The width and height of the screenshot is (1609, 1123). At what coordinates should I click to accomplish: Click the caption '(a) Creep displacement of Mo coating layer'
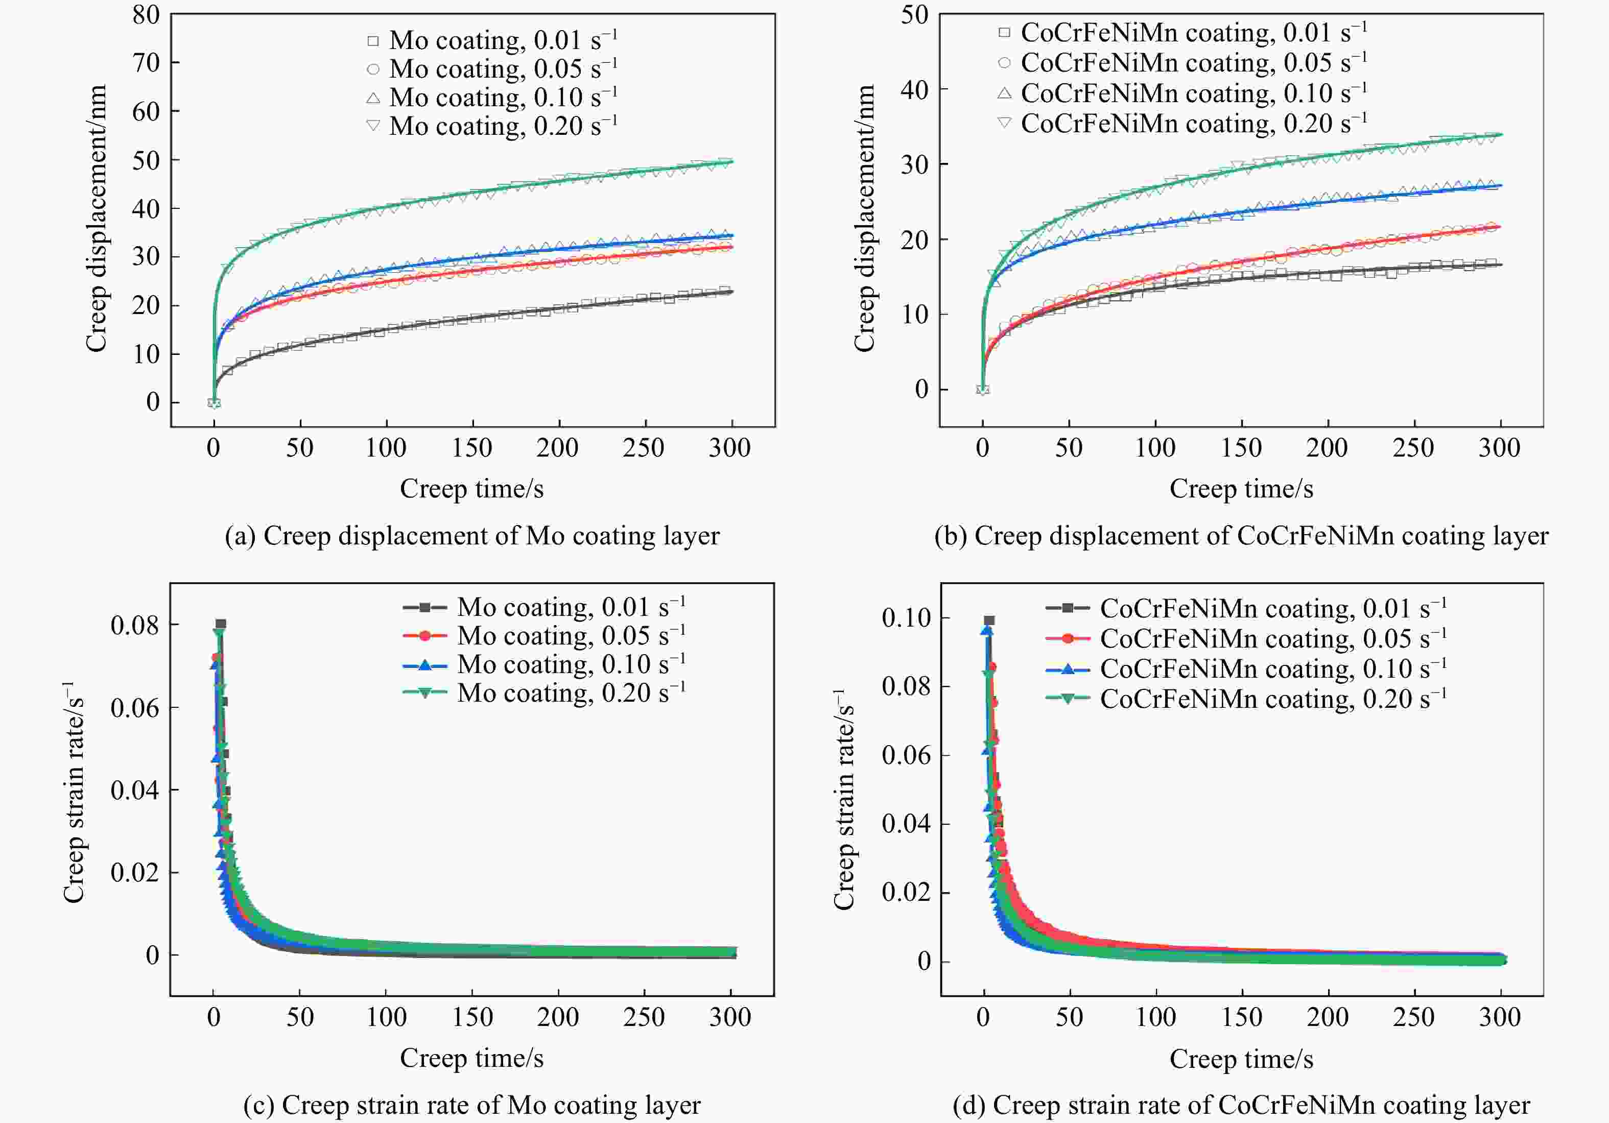point(471,536)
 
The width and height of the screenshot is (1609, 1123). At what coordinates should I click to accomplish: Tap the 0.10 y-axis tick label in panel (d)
point(906,618)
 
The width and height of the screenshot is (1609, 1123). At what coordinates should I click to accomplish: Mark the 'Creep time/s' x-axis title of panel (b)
point(1241,488)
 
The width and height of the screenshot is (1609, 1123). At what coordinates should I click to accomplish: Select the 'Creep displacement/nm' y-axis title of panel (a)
point(96,219)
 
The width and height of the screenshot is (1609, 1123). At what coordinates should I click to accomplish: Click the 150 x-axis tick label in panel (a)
point(472,448)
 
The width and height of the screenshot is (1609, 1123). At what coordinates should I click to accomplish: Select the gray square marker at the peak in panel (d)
point(989,620)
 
